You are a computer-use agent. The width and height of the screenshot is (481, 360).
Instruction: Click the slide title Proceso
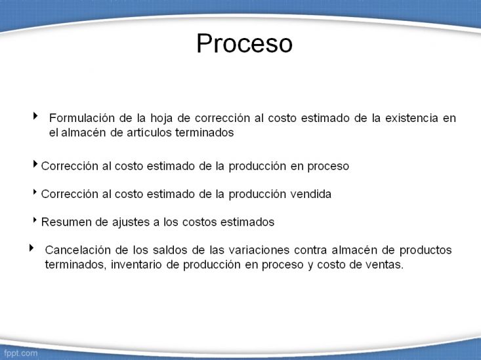pyautogui.click(x=245, y=43)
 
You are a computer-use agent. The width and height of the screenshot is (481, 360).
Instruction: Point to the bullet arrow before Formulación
pyautogui.click(x=35, y=115)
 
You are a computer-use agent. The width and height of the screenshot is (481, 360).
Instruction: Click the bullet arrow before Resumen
pyautogui.click(x=35, y=220)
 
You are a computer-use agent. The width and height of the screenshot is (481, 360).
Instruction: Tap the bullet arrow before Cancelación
pyautogui.click(x=31, y=248)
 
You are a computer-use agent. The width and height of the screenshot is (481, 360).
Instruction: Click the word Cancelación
pyautogui.click(x=78, y=250)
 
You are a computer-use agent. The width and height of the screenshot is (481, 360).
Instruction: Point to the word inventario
pyautogui.click(x=136, y=264)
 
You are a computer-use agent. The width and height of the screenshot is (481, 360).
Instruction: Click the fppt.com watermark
pyautogui.click(x=20, y=353)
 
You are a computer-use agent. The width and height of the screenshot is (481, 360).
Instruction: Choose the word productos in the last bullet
pyautogui.click(x=425, y=250)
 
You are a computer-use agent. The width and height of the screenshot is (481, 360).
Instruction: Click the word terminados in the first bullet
pyautogui.click(x=205, y=132)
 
